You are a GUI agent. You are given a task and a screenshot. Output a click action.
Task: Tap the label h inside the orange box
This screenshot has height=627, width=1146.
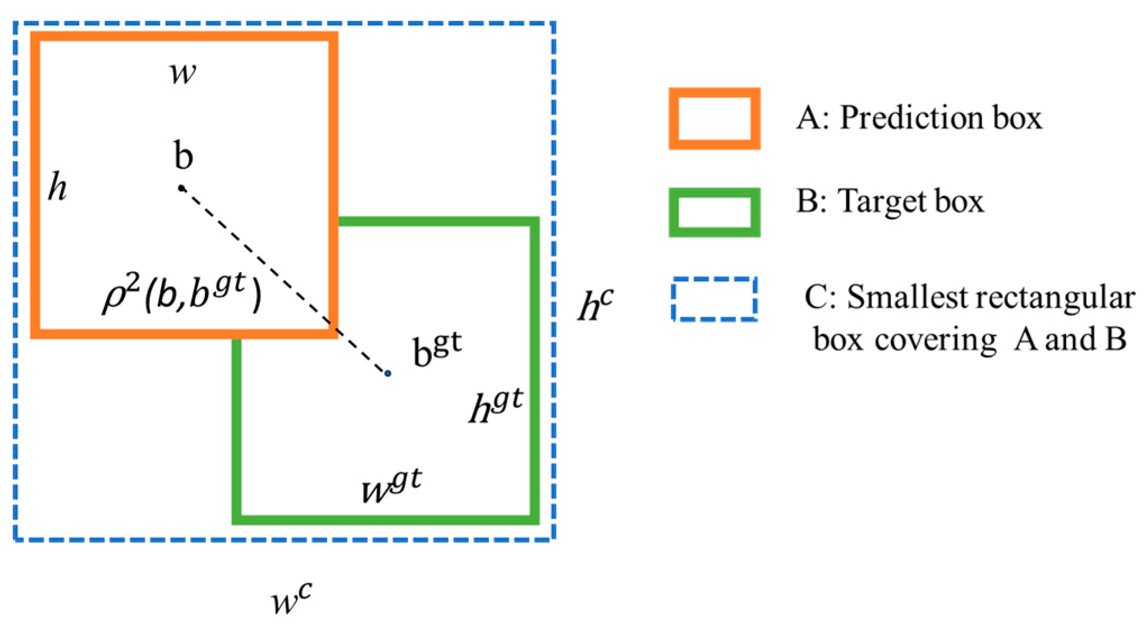[57, 186]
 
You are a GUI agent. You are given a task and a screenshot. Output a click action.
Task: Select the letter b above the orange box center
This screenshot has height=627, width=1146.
[184, 155]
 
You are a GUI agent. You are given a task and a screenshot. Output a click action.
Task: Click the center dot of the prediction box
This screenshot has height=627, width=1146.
[181, 188]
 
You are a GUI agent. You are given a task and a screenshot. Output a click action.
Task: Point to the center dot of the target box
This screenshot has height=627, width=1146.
[387, 373]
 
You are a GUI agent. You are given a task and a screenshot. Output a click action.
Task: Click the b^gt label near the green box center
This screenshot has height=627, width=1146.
[437, 349]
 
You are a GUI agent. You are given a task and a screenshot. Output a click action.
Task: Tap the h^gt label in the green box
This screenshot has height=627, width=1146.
[496, 405]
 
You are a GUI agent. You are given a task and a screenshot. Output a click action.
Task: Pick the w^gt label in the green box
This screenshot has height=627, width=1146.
[391, 486]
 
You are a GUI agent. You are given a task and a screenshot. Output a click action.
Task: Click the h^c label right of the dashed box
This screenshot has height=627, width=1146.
[595, 305]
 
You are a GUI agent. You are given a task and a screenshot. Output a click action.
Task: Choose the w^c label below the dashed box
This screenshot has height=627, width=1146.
[291, 600]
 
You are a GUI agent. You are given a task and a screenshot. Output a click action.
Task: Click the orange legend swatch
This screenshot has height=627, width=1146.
[714, 118]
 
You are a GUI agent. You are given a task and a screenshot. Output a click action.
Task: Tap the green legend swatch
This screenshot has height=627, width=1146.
[714, 212]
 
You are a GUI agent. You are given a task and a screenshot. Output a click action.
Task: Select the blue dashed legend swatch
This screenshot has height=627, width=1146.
[714, 299]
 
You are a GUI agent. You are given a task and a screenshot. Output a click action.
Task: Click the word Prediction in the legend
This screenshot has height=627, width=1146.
[911, 118]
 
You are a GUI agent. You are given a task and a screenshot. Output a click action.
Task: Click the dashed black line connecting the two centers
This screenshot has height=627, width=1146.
[281, 277]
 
